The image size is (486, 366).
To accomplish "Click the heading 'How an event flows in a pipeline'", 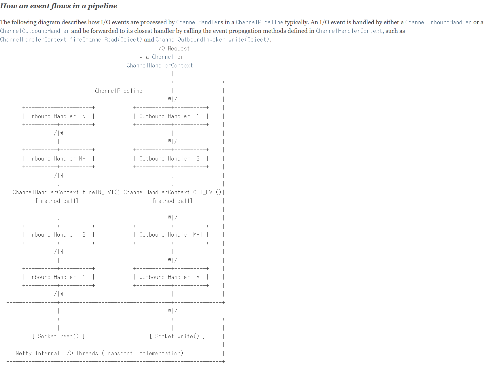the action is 58,6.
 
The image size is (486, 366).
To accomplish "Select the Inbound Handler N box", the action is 58,116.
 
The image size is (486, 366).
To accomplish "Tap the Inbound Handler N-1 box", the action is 58,159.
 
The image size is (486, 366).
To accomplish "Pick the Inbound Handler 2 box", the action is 58,235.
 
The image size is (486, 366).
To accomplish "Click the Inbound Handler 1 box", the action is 58,277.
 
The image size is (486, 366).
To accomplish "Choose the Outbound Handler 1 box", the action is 171,116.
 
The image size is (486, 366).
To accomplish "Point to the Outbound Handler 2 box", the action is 171,159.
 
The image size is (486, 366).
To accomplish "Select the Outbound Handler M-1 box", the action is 171,235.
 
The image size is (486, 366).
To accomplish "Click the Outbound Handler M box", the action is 171,277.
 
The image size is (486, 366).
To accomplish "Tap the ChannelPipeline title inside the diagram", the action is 119,91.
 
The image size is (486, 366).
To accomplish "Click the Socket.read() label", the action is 58,336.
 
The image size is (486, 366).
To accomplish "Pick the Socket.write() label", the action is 177,336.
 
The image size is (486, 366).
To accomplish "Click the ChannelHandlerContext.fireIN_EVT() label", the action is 66,192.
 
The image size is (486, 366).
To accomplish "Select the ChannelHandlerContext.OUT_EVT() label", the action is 172,192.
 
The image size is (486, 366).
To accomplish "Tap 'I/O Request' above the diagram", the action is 173,48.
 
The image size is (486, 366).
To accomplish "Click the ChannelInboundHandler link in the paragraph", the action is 438,22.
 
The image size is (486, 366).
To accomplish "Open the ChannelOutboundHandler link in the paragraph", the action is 35,31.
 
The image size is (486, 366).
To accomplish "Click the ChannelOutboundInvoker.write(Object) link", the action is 213,39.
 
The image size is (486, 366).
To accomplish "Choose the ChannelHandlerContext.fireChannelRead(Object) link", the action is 71,39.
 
